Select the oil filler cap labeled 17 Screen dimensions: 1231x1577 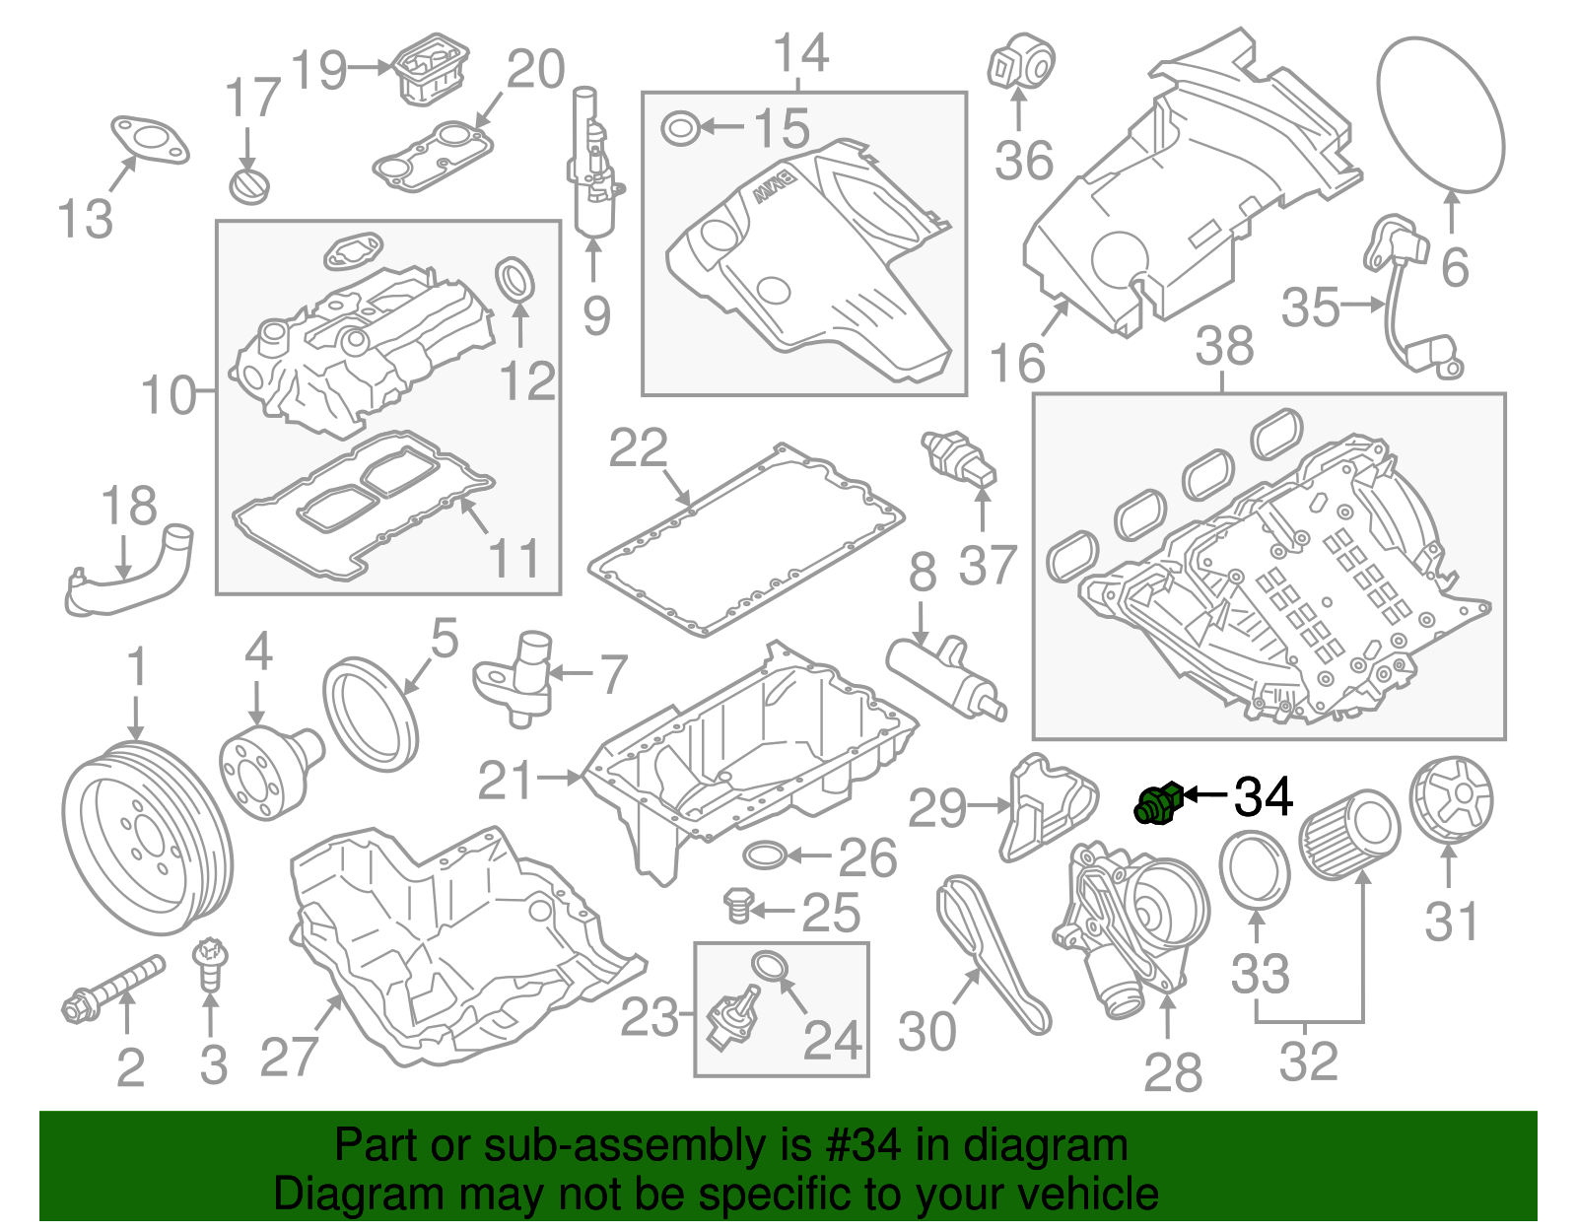tap(247, 185)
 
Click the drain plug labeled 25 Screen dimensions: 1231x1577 tap(737, 905)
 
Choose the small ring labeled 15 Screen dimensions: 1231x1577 tap(680, 128)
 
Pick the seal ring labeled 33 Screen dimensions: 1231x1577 tap(1255, 868)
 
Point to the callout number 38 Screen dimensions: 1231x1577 tap(1224, 347)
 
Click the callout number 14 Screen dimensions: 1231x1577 tap(800, 53)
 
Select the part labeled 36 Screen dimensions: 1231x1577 tap(1021, 60)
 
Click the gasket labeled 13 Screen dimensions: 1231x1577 tap(149, 139)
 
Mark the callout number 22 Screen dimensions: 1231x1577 tap(638, 448)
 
